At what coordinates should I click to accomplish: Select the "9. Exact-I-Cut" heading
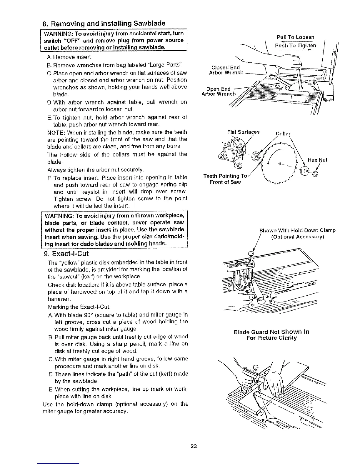tap(66, 253)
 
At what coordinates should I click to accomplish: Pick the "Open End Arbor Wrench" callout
tap(219, 91)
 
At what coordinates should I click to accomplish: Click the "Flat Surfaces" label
tap(244, 132)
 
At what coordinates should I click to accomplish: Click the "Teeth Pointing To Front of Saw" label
tap(225, 179)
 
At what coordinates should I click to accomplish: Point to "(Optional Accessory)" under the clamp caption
tap(297, 237)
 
